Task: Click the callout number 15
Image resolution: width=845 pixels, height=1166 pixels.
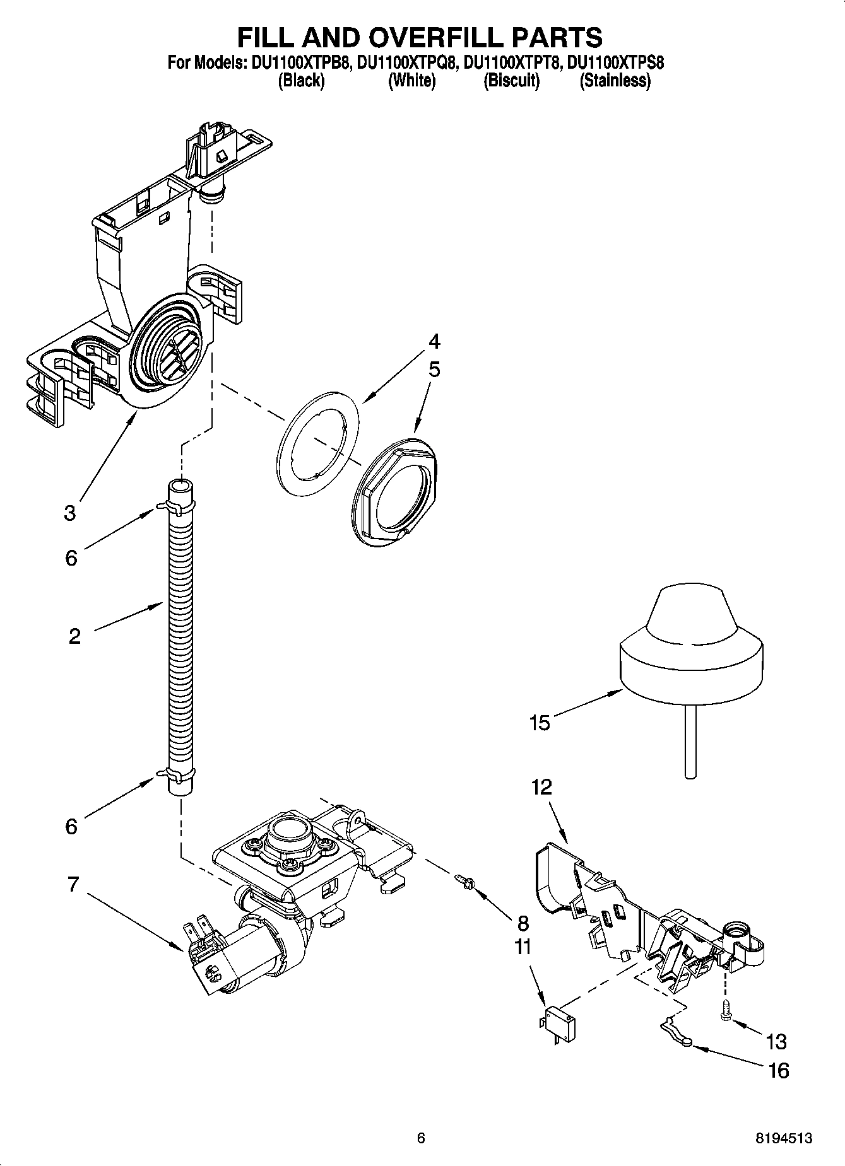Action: click(x=540, y=723)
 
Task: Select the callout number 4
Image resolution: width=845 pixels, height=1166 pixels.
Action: click(x=434, y=342)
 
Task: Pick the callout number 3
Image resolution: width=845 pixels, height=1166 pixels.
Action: click(x=69, y=513)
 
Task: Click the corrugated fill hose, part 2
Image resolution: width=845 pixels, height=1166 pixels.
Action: click(x=180, y=631)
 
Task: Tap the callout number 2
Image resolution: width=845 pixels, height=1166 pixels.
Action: click(x=74, y=636)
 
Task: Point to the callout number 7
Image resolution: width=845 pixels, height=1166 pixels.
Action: click(x=73, y=885)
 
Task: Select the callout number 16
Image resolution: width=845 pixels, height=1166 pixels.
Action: click(x=779, y=1071)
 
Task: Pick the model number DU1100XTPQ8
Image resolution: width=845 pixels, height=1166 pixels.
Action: click(x=406, y=63)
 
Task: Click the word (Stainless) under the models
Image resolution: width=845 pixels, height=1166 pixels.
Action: click(x=615, y=81)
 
